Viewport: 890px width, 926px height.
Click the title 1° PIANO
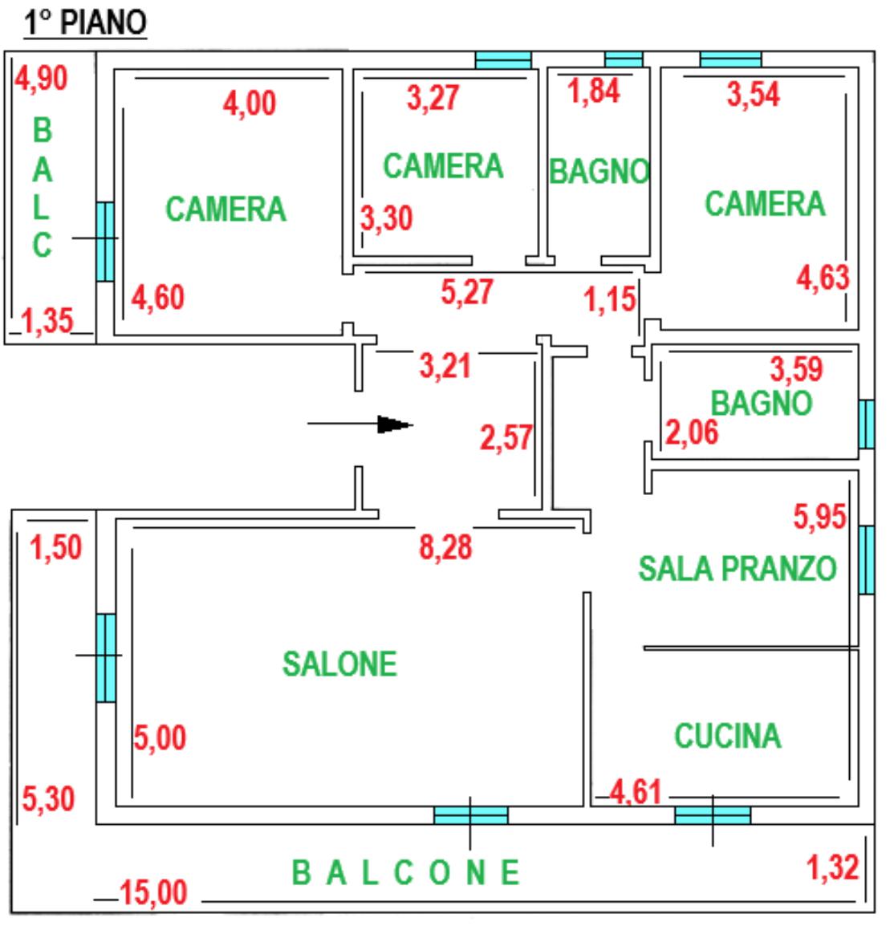(x=85, y=22)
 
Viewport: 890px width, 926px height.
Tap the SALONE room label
(x=339, y=664)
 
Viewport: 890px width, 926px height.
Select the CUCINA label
(x=728, y=736)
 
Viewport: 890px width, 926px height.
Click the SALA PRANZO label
(x=738, y=569)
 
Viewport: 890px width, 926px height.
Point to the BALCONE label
(x=406, y=872)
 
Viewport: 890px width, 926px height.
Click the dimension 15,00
(x=153, y=892)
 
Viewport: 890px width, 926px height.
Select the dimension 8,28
(x=445, y=547)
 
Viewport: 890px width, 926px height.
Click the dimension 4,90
(x=42, y=78)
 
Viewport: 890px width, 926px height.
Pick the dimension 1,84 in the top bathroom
(x=594, y=91)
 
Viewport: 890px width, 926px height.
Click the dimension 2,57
(x=506, y=438)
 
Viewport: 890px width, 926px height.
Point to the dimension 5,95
(x=819, y=517)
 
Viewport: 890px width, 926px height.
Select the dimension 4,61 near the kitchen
(x=635, y=792)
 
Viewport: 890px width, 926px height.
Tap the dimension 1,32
(x=833, y=867)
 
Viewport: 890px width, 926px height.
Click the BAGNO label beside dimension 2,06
(x=762, y=404)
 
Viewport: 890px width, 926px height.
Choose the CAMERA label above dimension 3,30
(x=443, y=166)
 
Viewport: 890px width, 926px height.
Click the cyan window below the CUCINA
(x=713, y=815)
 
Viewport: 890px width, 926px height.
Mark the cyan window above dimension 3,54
(x=730, y=59)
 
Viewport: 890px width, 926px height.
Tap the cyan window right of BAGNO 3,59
(x=867, y=424)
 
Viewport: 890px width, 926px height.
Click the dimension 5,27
(x=466, y=292)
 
